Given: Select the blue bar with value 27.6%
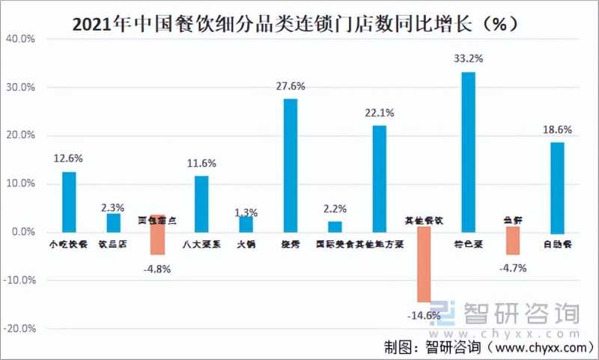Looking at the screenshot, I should click(x=291, y=165).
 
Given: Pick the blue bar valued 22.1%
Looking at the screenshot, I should click(x=380, y=179).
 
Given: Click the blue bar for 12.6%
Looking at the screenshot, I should click(x=69, y=202).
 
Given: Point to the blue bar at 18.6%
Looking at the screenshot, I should click(x=556, y=187).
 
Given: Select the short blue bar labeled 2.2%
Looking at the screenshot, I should click(x=335, y=227).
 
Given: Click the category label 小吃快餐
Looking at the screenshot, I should click(x=68, y=243).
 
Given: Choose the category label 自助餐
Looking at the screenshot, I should click(x=556, y=243).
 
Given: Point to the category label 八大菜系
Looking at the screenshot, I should click(x=201, y=243).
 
